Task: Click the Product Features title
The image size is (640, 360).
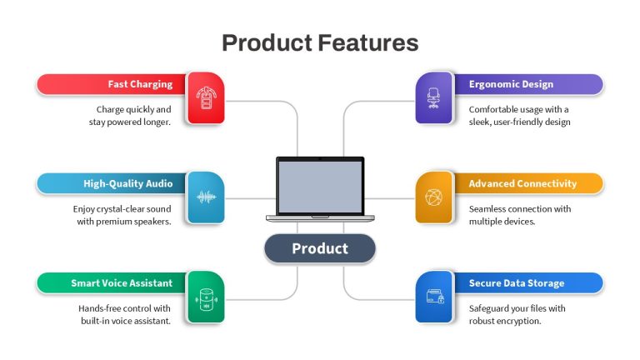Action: coord(320,42)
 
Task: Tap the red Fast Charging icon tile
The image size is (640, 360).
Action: coord(206,98)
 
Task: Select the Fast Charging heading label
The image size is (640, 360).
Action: coord(140,84)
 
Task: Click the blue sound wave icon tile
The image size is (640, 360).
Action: coord(206,197)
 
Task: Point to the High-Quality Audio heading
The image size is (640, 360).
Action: coord(127,183)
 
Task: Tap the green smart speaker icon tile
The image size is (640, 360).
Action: coord(206,297)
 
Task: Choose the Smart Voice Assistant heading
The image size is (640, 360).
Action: coord(122,282)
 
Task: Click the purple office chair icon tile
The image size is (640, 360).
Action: coord(434,98)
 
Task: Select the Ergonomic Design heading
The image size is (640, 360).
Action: coord(511,84)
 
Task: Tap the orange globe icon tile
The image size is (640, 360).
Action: coord(434,197)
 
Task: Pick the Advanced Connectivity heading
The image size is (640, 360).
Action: coord(522,183)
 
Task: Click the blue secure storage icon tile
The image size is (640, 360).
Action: coord(434,297)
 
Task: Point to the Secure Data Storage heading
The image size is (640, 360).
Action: coord(517,282)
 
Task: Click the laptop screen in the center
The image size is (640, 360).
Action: coord(320,187)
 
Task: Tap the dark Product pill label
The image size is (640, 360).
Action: coord(320,248)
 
